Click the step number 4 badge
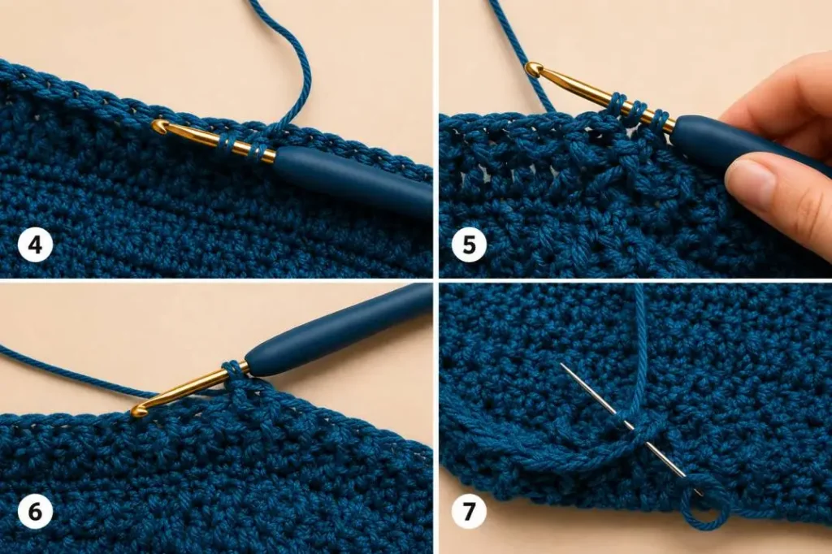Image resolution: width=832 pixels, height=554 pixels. tap(36, 245)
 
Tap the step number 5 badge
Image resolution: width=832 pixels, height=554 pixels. tap(469, 245)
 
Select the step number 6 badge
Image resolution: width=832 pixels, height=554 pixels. tap(36, 512)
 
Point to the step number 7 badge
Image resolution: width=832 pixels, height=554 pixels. tap(469, 512)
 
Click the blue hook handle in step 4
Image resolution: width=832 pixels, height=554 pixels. tap(353, 180)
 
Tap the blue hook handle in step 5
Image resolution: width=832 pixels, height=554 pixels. tap(748, 149)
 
